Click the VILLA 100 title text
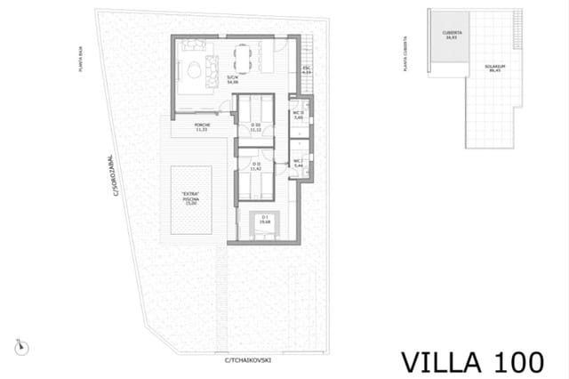pos(472,361)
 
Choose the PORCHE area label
pos(203,128)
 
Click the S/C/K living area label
pos(233,79)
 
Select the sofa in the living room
pos(212,69)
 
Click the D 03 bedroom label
pos(256,127)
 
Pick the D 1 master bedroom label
pos(265,218)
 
